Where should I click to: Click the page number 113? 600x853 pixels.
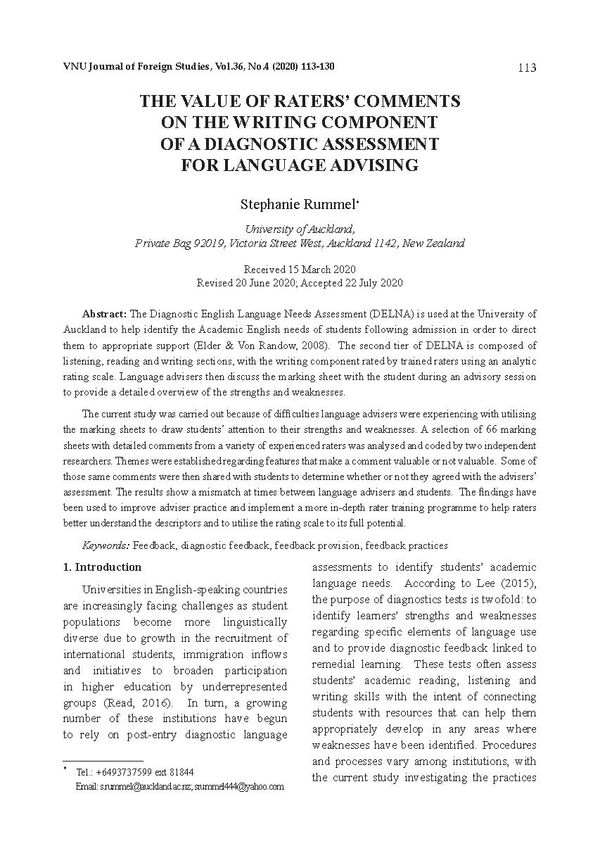526,68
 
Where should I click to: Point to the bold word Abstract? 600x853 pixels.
104,313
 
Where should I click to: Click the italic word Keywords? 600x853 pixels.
106,545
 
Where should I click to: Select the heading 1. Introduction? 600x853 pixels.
102,567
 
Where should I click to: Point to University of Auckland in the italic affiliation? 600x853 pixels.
299,229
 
